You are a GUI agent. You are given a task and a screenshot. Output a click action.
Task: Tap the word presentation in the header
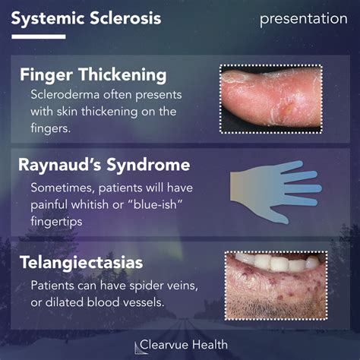303,18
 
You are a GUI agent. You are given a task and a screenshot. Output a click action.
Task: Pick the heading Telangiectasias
83,264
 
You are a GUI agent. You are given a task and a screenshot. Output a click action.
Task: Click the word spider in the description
140,286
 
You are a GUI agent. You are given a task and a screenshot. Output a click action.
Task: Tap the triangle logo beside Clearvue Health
139,346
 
